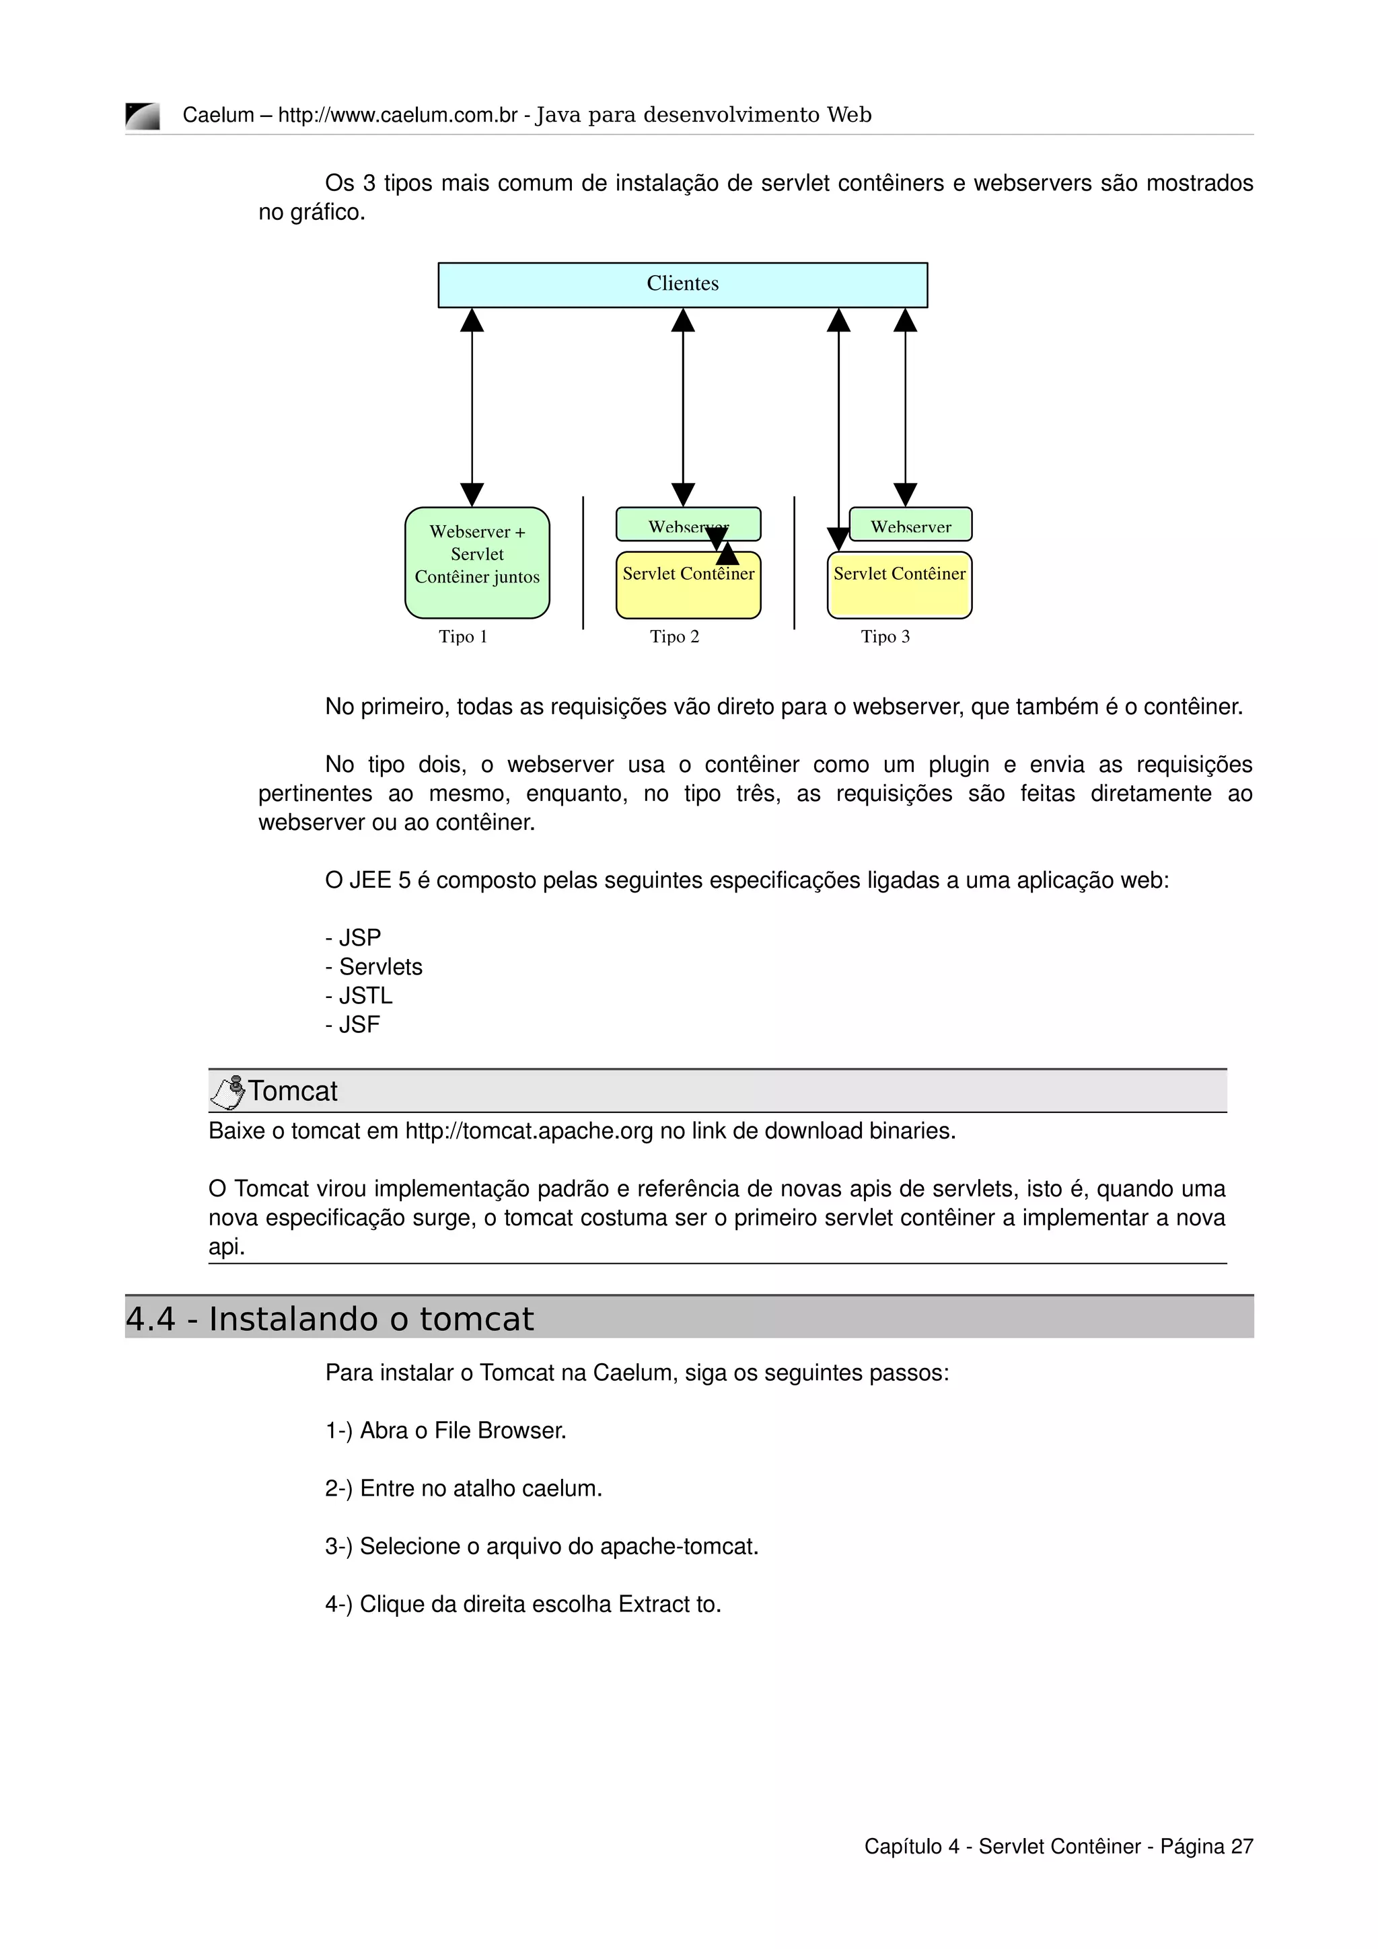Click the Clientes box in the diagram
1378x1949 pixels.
(683, 284)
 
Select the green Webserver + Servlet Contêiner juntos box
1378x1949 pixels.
(477, 562)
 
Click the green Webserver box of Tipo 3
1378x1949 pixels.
(911, 525)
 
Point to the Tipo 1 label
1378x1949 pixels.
(463, 637)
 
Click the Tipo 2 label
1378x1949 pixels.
(674, 637)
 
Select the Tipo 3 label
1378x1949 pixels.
(885, 637)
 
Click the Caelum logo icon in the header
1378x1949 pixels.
(142, 116)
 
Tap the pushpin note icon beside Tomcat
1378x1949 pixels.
(227, 1092)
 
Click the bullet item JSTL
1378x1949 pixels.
(365, 996)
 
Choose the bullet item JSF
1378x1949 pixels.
(359, 1024)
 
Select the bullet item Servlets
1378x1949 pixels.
(380, 967)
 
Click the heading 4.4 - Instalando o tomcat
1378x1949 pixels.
(330, 1319)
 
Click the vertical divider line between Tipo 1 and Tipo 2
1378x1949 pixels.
(583, 563)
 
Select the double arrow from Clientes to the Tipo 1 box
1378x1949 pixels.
(472, 408)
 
